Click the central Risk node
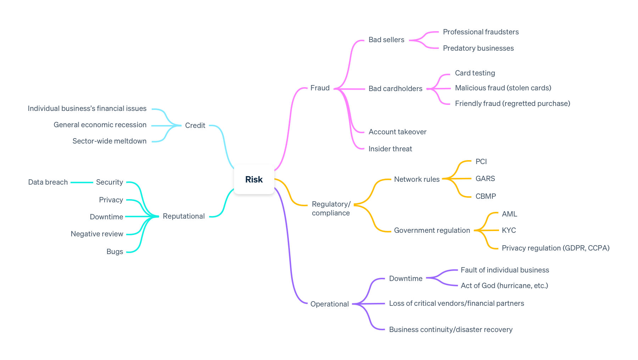tap(254, 179)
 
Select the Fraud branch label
tap(320, 88)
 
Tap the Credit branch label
tap(195, 125)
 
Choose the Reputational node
tap(184, 216)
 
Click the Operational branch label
tap(329, 304)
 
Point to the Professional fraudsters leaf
tap(481, 32)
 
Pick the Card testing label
tap(475, 73)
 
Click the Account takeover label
tap(397, 132)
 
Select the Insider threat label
tap(390, 149)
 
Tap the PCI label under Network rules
tap(481, 162)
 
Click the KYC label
tap(509, 230)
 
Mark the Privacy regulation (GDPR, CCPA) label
tap(555, 248)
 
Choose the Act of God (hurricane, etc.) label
tap(504, 286)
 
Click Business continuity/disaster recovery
tap(450, 330)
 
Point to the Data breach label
tap(48, 182)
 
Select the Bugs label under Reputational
tap(114, 252)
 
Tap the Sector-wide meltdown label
tap(109, 141)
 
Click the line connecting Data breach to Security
tap(82, 182)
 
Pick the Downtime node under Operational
tap(405, 279)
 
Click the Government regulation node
tap(432, 230)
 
